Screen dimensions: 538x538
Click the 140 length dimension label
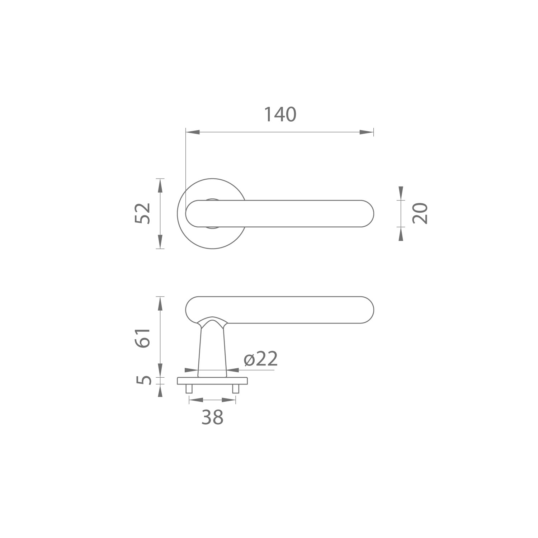pyautogui.click(x=280, y=115)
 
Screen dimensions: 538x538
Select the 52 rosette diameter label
pyautogui.click(x=143, y=214)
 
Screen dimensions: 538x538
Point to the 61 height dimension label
pyautogui.click(x=143, y=338)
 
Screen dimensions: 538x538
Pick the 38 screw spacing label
pyautogui.click(x=212, y=417)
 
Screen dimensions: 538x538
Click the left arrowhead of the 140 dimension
pyautogui.click(x=193, y=132)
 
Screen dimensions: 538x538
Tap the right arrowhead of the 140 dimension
pyautogui.click(x=367, y=132)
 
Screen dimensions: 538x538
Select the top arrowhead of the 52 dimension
pyautogui.click(x=160, y=185)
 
